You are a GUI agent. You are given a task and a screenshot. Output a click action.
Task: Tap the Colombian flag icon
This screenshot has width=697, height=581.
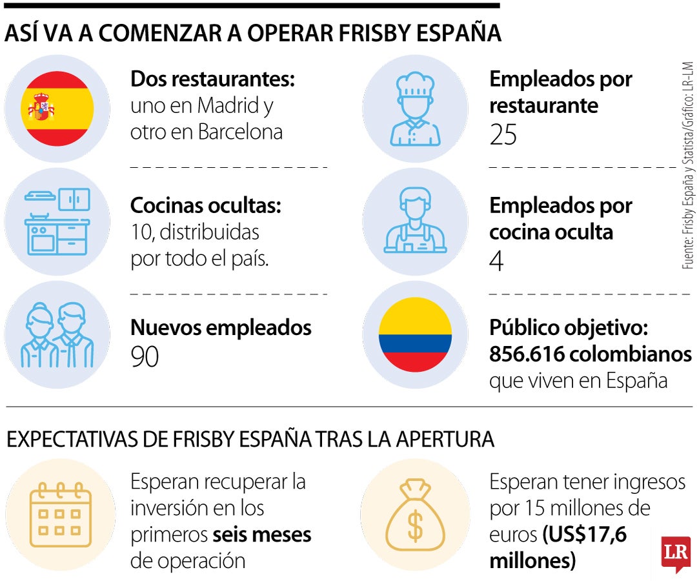tap(415, 334)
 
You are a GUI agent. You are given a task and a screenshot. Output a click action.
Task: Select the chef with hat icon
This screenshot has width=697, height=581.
tap(415, 108)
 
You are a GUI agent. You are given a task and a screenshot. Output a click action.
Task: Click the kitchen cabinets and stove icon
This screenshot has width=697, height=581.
tap(57, 221)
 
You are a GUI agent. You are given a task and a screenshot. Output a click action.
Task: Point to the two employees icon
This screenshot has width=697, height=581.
tap(57, 334)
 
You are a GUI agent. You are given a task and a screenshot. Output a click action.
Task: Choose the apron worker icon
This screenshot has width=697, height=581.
tap(415, 221)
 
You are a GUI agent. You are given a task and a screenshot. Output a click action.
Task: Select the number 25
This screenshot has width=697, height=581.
tap(503, 135)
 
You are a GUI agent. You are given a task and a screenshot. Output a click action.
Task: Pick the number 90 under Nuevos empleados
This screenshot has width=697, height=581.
tap(145, 356)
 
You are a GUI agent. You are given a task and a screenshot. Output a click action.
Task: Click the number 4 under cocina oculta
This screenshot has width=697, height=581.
tap(496, 261)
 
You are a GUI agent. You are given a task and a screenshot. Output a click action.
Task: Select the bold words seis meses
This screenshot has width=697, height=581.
tap(262, 535)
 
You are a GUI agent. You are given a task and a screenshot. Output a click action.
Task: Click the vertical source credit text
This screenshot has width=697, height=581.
tap(687, 165)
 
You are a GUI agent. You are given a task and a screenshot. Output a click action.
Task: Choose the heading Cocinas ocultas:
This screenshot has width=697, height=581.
tap(206, 206)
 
